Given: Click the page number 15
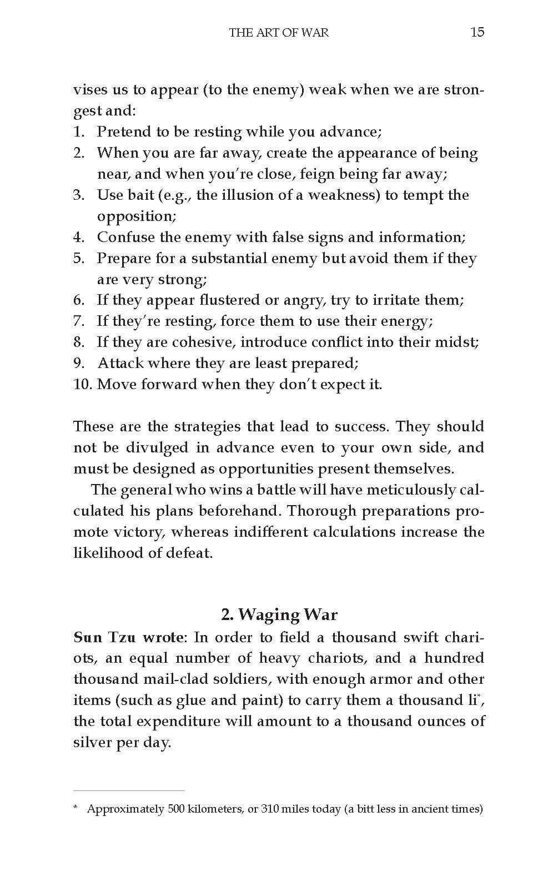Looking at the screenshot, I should click(477, 32).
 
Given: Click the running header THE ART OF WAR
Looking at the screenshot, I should click(279, 33).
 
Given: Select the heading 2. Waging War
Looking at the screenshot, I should click(279, 615).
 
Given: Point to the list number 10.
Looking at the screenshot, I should click(83, 384).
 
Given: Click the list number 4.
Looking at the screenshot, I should click(78, 237).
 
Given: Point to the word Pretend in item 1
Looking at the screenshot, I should click(124, 132).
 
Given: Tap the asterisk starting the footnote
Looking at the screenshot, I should click(76, 809).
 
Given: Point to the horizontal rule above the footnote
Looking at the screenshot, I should click(129, 790).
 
